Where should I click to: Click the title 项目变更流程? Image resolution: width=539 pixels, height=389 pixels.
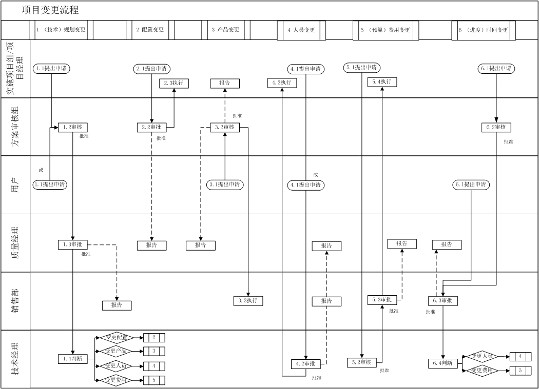tap(50, 10)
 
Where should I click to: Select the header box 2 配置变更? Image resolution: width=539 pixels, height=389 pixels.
tap(150, 30)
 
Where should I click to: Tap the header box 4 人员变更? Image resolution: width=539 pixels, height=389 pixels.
tap(301, 30)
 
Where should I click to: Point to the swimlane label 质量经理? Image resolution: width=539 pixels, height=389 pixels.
tap(15, 243)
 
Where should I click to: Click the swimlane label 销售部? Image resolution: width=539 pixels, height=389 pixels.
tap(15, 301)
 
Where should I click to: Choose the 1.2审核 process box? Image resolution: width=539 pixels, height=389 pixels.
tap(73, 127)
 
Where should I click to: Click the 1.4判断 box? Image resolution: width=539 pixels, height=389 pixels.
tap(73, 359)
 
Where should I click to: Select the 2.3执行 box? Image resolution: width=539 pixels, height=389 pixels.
tap(174, 83)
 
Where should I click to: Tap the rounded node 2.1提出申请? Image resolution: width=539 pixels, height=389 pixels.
tap(151, 68)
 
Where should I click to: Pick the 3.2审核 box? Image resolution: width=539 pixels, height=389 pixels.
tap(225, 127)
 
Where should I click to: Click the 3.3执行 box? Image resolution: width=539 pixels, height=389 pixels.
tap(248, 301)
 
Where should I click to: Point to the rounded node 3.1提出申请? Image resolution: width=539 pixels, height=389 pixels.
tap(225, 185)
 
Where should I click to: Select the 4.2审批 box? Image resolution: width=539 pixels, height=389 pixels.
tap(306, 363)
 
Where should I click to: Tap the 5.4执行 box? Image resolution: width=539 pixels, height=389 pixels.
tap(382, 82)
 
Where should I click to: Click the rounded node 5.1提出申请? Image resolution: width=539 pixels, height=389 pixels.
tap(362, 67)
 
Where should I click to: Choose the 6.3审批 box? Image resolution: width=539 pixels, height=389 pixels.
tap(443, 301)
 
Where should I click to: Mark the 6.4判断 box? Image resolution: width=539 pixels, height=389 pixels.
tap(443, 363)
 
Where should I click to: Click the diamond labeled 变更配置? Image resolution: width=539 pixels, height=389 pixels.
tap(117, 337)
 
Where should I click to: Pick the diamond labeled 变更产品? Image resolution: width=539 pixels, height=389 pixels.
tap(117, 351)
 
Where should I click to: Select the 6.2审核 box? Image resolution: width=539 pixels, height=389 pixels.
tap(496, 127)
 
